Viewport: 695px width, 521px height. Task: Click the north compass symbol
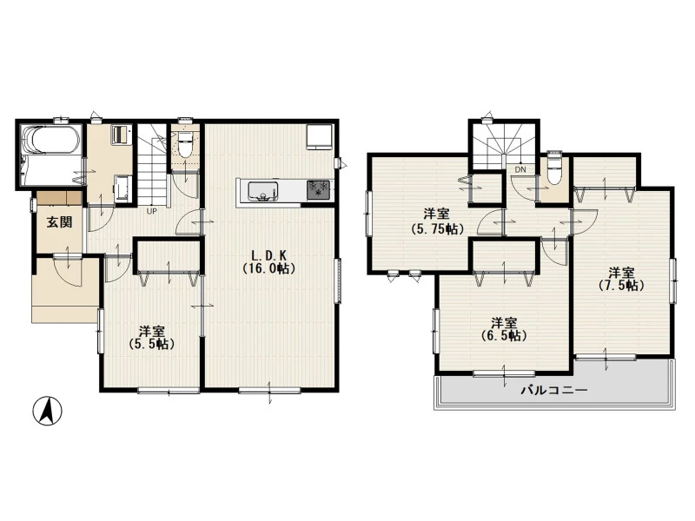pyautogui.click(x=48, y=411)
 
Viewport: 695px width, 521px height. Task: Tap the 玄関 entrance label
pyautogui.click(x=60, y=222)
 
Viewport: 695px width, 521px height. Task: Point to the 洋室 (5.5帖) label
pyautogui.click(x=151, y=338)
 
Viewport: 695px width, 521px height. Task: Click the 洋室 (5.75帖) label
pyautogui.click(x=437, y=222)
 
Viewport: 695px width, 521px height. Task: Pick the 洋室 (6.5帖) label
pyautogui.click(x=504, y=329)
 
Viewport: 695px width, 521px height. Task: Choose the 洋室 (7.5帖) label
pyautogui.click(x=621, y=279)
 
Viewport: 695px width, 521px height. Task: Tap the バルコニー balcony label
pyautogui.click(x=554, y=390)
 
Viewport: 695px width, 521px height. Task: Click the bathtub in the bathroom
pyautogui.click(x=52, y=140)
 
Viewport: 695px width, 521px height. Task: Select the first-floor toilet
pyautogui.click(x=186, y=143)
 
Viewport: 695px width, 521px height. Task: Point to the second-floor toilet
pyautogui.click(x=554, y=169)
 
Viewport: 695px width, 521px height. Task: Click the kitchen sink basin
pyautogui.click(x=263, y=190)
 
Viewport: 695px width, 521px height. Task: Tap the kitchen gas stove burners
pyautogui.click(x=318, y=190)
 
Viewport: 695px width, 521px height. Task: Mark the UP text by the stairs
pyautogui.click(x=151, y=211)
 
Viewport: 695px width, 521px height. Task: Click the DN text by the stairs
pyautogui.click(x=520, y=169)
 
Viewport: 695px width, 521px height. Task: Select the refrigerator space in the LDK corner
pyautogui.click(x=320, y=137)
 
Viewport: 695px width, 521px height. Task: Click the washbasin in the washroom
pyautogui.click(x=122, y=188)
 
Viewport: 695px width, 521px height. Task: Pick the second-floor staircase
pyautogui.click(x=505, y=147)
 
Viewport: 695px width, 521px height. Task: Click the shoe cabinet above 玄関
pyautogui.click(x=59, y=198)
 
